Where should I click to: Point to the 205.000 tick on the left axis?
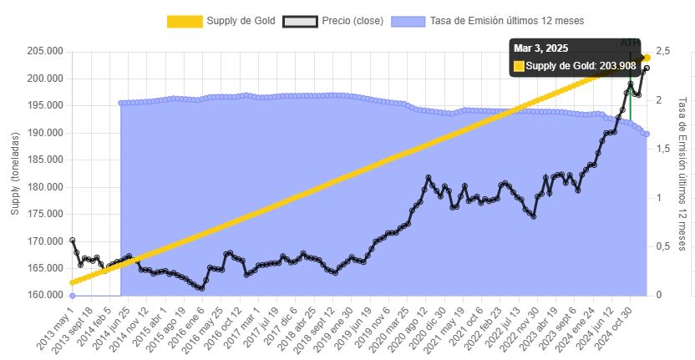pyautogui.click(x=47, y=51)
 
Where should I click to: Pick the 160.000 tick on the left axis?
pyautogui.click(x=47, y=296)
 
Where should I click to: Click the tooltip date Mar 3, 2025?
pyautogui.click(x=541, y=48)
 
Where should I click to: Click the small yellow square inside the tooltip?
pyautogui.click(x=519, y=66)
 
